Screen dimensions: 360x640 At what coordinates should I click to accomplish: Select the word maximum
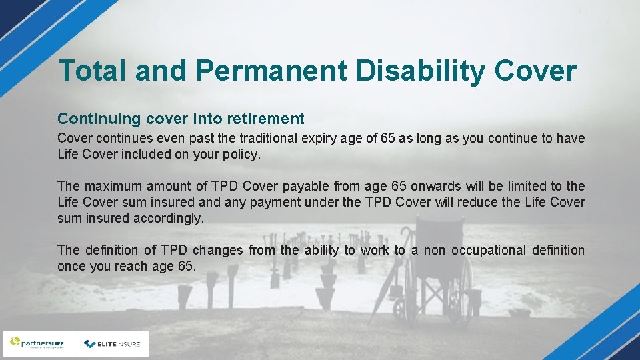point(114,186)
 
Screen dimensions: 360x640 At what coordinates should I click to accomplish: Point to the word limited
point(518,186)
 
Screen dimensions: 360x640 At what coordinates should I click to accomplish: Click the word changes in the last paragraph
point(220,250)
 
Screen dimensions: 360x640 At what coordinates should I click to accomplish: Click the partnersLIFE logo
point(39,344)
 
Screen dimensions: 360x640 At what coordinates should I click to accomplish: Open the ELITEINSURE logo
point(112,344)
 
